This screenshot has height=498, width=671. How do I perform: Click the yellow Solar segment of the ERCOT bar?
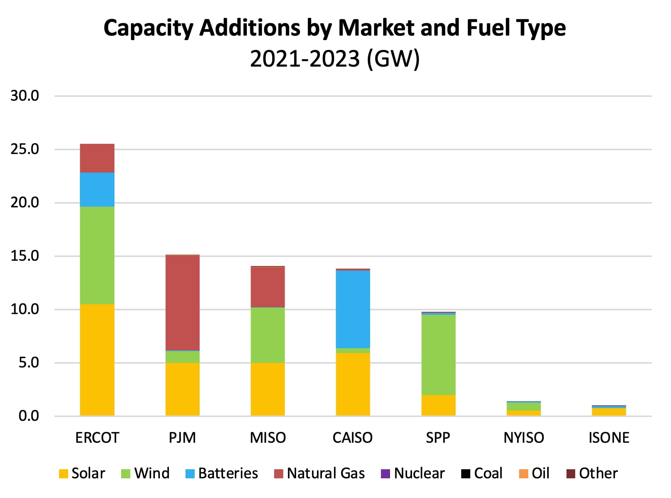click(97, 359)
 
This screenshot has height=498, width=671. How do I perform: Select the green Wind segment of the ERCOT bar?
click(97, 255)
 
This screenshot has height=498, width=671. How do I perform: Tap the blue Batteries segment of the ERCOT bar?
click(97, 190)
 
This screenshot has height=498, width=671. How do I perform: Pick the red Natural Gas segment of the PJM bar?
click(182, 303)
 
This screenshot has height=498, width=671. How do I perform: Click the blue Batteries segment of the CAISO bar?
click(353, 309)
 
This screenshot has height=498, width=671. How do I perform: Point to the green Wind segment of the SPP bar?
click(438, 355)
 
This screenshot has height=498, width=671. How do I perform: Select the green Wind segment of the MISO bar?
click(267, 335)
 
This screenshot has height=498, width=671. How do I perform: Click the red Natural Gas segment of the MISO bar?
click(267, 287)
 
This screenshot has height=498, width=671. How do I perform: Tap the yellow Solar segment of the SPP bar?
click(438, 405)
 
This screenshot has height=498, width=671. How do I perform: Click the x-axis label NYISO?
click(523, 438)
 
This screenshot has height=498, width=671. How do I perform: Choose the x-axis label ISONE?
click(609, 438)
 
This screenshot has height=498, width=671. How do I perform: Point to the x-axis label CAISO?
click(353, 438)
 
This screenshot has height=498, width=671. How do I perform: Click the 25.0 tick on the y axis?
click(25, 149)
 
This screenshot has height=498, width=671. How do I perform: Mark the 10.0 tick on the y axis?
click(25, 310)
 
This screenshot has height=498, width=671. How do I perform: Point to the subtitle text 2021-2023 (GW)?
click(335, 59)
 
